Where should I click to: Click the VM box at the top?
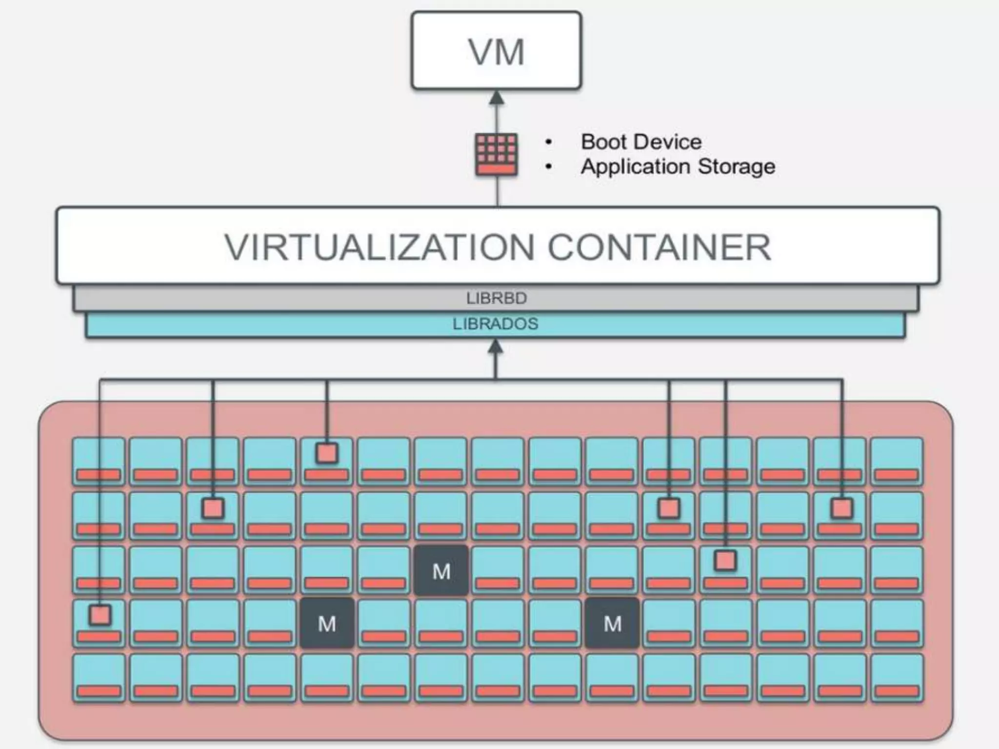coord(497,51)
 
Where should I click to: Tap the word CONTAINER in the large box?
coord(659,247)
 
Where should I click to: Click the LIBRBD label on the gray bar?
coord(497,298)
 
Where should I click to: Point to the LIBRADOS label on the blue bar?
coord(496,324)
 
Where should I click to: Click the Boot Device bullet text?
coord(641,142)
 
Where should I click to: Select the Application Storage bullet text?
coord(678,166)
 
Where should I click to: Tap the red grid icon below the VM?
coord(497,154)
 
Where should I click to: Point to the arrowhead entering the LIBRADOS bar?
coord(496,347)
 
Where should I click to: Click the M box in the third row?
coord(441,571)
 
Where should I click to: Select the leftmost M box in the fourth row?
coord(327,623)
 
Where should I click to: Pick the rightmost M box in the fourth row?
coord(612,623)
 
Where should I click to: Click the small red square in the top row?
coord(327,453)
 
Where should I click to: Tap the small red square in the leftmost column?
coord(100,615)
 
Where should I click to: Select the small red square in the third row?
coord(725,560)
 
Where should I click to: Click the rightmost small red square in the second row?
coord(842,508)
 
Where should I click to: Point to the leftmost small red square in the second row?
coord(213,508)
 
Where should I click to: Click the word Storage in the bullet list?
coord(737,166)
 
